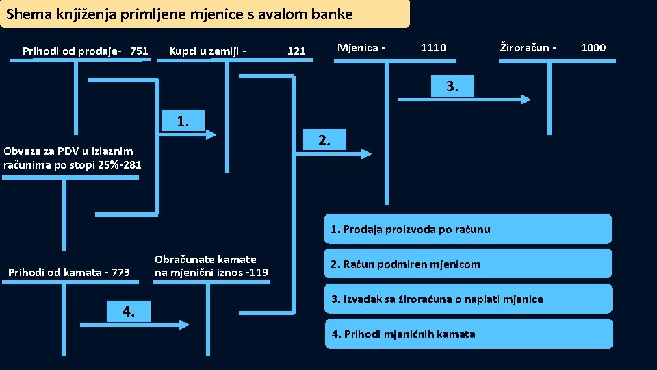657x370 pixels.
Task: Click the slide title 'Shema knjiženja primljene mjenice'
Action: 180,14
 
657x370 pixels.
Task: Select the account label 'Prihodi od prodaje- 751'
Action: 86,51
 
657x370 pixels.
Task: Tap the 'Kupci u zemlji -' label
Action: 207,51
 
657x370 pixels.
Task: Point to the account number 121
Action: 296,51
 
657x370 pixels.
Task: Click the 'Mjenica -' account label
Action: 361,47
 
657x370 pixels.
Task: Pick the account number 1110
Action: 433,47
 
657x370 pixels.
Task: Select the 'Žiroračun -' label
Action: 528,47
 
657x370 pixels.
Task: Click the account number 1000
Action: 593,47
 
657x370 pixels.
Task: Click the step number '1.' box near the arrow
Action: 183,121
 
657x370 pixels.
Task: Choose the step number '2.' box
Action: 325,140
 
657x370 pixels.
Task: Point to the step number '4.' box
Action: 128,312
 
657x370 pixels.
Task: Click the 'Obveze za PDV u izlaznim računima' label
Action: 73,158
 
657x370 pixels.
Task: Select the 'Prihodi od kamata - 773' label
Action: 68,273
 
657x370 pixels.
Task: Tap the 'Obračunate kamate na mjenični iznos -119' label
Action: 211,266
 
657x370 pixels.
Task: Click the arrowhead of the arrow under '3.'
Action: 525,99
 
